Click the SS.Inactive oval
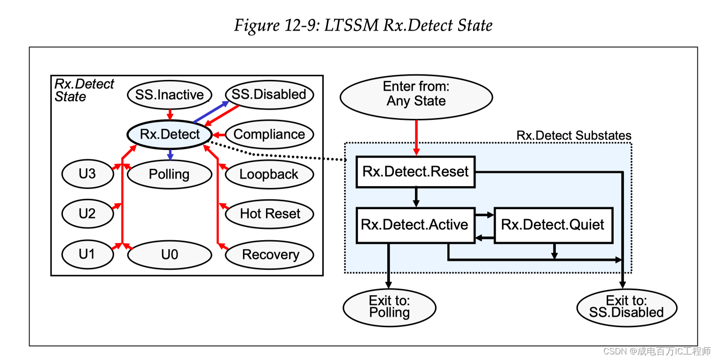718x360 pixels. tap(169, 94)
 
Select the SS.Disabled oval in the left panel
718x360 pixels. tap(269, 94)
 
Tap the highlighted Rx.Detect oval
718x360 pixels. tap(170, 134)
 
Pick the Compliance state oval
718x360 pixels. tap(269, 134)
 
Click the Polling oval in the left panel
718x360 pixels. tap(169, 174)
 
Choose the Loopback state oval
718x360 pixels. tap(269, 174)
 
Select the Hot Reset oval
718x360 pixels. tap(269, 214)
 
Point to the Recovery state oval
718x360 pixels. tap(270, 255)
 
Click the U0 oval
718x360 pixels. tap(169, 255)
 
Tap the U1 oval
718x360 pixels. tap(87, 255)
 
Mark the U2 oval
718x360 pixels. tap(87, 214)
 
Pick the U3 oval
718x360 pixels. tap(87, 174)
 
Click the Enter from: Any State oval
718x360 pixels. tap(416, 94)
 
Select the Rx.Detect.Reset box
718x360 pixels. tap(415, 172)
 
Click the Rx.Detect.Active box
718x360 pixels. tap(415, 225)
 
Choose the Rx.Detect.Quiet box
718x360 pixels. tap(553, 225)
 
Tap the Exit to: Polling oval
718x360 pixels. tap(389, 307)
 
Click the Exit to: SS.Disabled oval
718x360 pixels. tap(626, 307)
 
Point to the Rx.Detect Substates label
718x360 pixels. tap(574, 136)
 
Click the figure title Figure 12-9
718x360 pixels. tap(363, 25)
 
